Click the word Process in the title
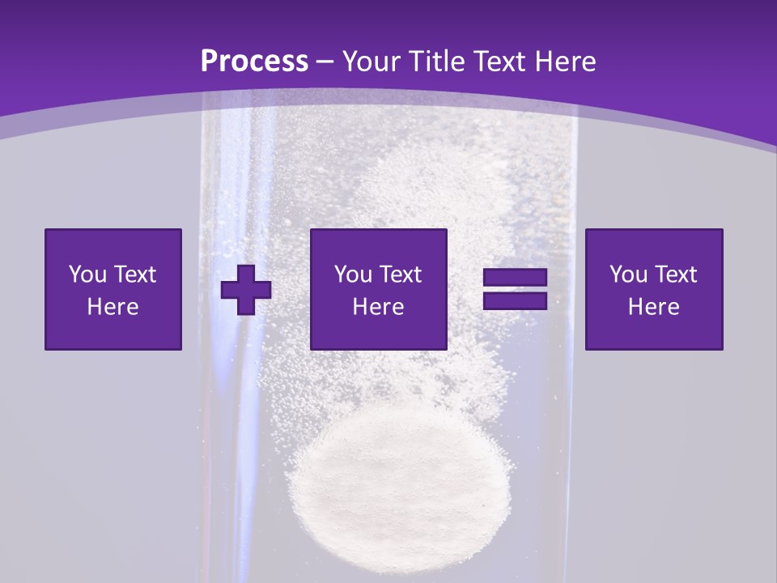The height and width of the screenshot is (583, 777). coord(254,62)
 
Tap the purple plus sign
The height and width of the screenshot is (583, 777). coord(246,289)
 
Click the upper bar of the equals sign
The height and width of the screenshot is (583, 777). coord(515,278)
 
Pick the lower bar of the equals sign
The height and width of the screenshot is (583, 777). coord(515,300)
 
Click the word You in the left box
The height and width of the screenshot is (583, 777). coord(87,274)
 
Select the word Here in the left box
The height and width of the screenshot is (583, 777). coord(113,307)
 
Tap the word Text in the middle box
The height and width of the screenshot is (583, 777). coord(400,274)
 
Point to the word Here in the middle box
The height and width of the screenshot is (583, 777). coord(379,307)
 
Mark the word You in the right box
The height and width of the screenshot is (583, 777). coord(627,274)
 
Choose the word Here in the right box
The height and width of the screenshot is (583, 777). coord(654,307)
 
